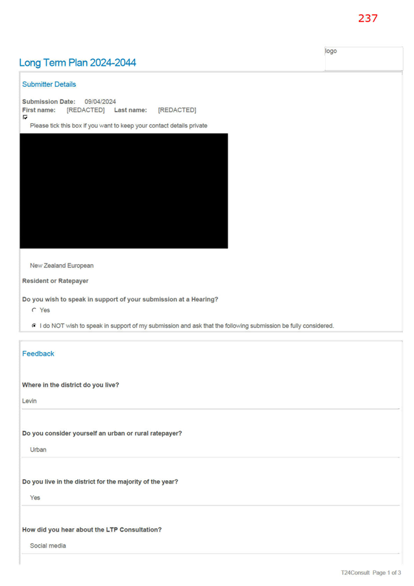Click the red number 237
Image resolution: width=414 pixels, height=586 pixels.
pyautogui.click(x=368, y=18)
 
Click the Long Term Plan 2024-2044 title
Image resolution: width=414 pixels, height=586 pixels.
pyautogui.click(x=77, y=62)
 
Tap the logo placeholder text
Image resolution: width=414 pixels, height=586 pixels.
pyautogui.click(x=331, y=51)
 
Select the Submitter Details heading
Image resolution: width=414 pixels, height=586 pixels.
pyautogui.click(x=49, y=84)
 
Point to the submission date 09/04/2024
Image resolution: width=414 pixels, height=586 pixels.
pyautogui.click(x=100, y=102)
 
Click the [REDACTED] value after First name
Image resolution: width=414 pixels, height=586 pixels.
pyautogui.click(x=86, y=110)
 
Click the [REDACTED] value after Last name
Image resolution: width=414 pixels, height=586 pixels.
pyautogui.click(x=177, y=110)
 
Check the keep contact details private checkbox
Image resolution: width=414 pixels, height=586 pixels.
pyautogui.click(x=25, y=117)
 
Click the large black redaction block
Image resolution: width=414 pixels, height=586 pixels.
pyautogui.click(x=124, y=191)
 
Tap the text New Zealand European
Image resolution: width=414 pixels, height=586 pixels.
pyautogui.click(x=62, y=265)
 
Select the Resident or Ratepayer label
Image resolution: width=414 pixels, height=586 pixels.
pyautogui.click(x=55, y=280)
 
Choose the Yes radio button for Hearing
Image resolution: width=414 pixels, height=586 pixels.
pyautogui.click(x=34, y=310)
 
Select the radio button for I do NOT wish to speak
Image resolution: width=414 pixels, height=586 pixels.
pyautogui.click(x=34, y=326)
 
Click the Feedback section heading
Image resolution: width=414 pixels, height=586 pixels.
pyautogui.click(x=38, y=354)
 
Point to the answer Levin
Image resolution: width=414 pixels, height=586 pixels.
pyautogui.click(x=29, y=401)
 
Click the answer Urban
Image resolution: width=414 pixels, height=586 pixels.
pyautogui.click(x=38, y=450)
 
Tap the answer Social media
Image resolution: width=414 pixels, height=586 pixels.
pyautogui.click(x=48, y=546)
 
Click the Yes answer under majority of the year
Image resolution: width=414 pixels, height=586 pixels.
pyautogui.click(x=35, y=498)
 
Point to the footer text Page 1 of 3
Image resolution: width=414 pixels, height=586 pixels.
pyautogui.click(x=387, y=572)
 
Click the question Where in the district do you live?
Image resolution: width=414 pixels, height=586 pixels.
pyautogui.click(x=71, y=385)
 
